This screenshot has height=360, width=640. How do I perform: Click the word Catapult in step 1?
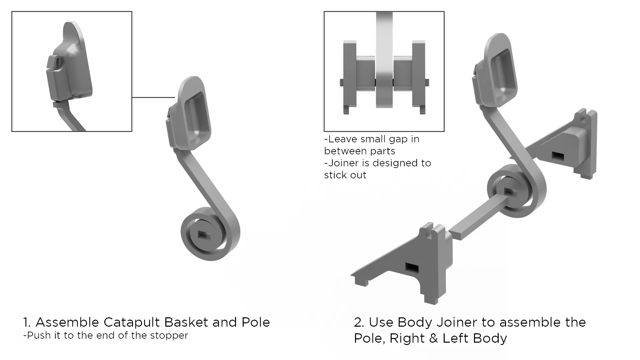click(x=132, y=323)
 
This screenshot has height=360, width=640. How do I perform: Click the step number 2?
click(x=358, y=322)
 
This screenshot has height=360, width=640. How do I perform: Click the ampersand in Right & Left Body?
click(x=433, y=338)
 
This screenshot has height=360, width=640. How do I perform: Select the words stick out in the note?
click(x=345, y=175)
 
